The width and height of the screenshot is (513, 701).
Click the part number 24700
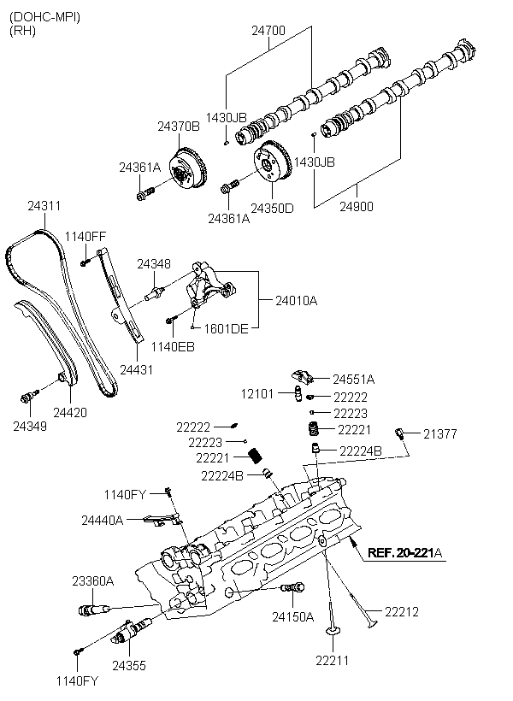coord(268,31)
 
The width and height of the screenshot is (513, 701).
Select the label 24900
coord(356,207)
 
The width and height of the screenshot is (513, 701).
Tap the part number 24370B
coord(179,127)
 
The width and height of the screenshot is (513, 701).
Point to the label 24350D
coord(272,209)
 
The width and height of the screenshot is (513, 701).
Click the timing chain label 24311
coord(44,206)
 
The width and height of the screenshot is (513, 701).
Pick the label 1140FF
coord(85,237)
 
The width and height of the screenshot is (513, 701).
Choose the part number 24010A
coord(296,300)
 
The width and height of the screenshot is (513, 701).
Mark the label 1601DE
coord(226,329)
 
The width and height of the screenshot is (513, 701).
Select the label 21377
coord(440,433)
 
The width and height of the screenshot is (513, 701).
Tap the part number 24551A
coord(353,379)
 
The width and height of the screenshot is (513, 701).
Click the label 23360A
coord(93,581)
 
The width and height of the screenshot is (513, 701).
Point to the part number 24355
coord(129,666)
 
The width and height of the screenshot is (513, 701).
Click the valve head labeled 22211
coord(332,631)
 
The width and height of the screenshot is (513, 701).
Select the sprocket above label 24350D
coord(273,163)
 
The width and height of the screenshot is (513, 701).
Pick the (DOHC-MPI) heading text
coord(44,17)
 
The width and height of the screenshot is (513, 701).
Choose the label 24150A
coord(293,617)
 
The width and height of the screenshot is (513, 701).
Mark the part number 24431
coord(137,369)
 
